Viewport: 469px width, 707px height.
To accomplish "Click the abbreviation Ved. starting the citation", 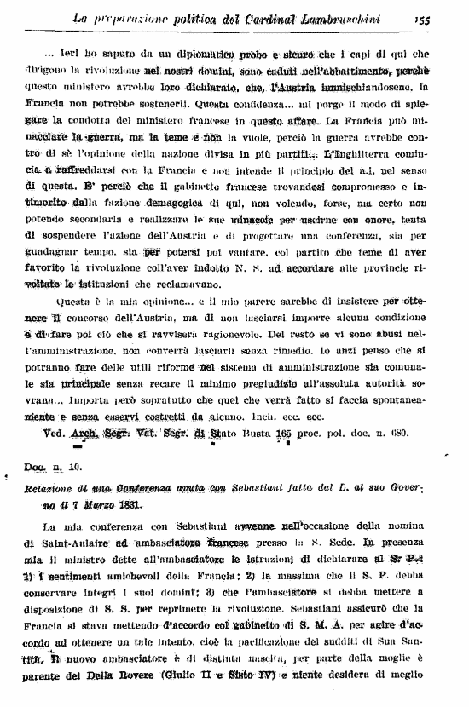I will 55,432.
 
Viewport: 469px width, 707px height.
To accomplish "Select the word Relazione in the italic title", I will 56,490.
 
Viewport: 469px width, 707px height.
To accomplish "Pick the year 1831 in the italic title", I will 129,504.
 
